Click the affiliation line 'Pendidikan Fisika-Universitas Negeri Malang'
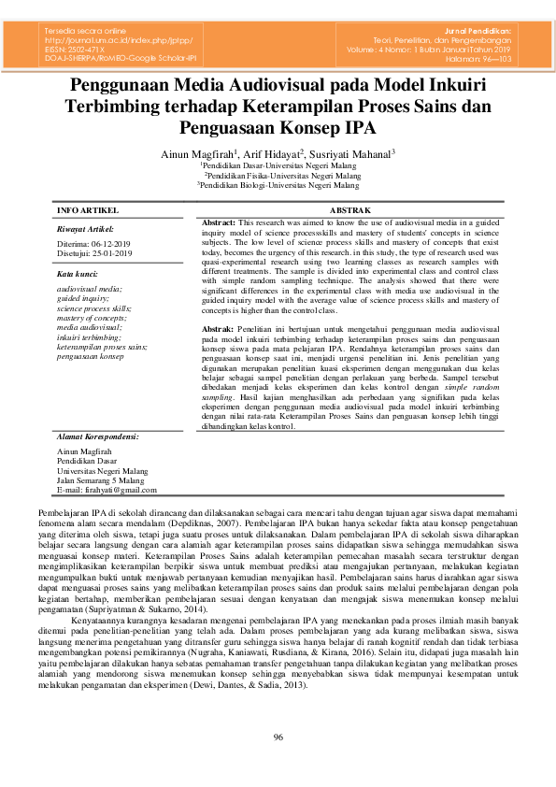tap(282, 175)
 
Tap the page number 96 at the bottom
tap(278, 738)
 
